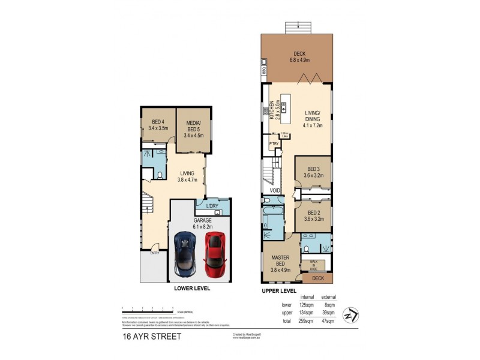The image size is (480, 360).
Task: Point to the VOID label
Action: pos(275,191)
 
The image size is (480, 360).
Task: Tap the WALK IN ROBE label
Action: pos(314,263)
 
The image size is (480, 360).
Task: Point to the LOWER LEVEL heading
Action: pos(192,288)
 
